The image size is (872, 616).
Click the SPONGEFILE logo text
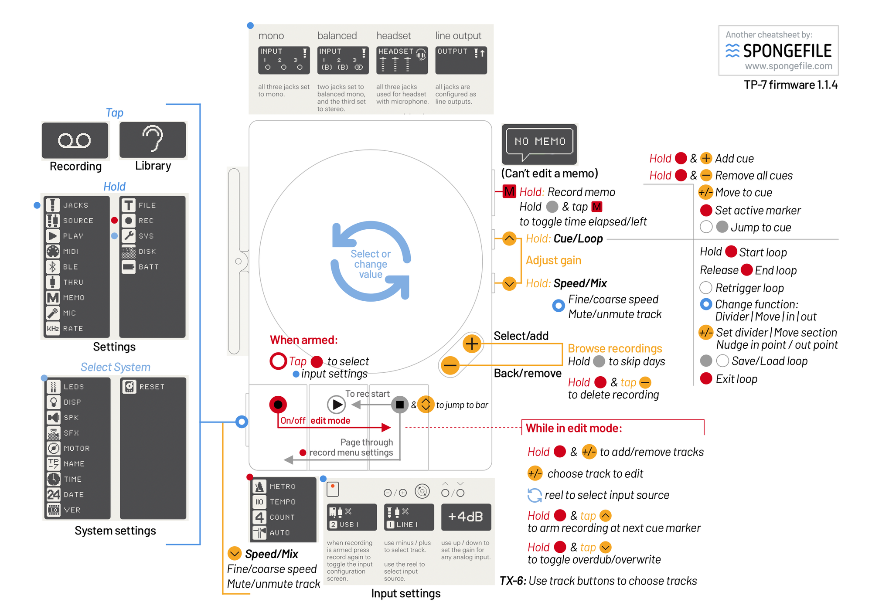pyautogui.click(x=787, y=51)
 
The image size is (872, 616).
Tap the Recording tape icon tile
pyautogui.click(x=75, y=140)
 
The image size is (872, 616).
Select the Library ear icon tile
pyautogui.click(x=153, y=140)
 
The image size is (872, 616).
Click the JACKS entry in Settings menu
pyautogui.click(x=75, y=205)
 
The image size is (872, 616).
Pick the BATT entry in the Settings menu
pyautogui.click(x=148, y=267)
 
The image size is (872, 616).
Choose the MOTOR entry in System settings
pyautogui.click(x=76, y=448)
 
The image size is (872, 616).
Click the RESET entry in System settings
pyautogui.click(x=151, y=387)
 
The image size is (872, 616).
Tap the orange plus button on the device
pyautogui.click(x=471, y=344)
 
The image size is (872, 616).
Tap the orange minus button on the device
pyautogui.click(x=450, y=365)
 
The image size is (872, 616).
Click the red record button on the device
pyautogui.click(x=278, y=405)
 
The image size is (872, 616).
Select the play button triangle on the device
pyautogui.click(x=337, y=405)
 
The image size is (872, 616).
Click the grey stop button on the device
pyautogui.click(x=399, y=405)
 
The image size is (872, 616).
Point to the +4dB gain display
pyautogui.click(x=466, y=517)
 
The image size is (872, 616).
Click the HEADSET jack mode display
pyautogui.click(x=402, y=60)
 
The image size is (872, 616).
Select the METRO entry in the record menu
pyautogui.click(x=282, y=487)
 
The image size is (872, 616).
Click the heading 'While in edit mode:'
pyautogui.click(x=573, y=428)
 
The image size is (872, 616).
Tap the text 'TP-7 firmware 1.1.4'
pyautogui.click(x=790, y=85)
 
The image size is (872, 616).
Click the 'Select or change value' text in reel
pyautogui.click(x=371, y=264)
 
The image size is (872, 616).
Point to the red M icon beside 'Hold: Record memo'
pyautogui.click(x=509, y=192)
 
